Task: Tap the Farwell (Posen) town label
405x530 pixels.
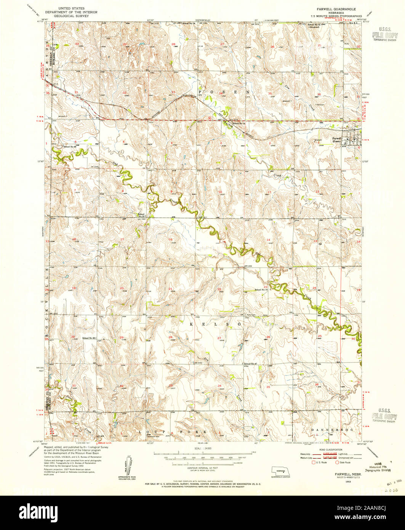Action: pos(336,139)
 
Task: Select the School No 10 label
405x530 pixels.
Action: pos(261,290)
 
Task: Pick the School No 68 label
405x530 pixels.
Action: pos(70,146)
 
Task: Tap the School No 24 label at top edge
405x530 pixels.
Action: pos(189,24)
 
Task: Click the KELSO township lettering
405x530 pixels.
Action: pos(215,324)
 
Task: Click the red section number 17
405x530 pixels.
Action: pos(122,239)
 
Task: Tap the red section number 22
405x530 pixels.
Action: pos(219,289)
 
